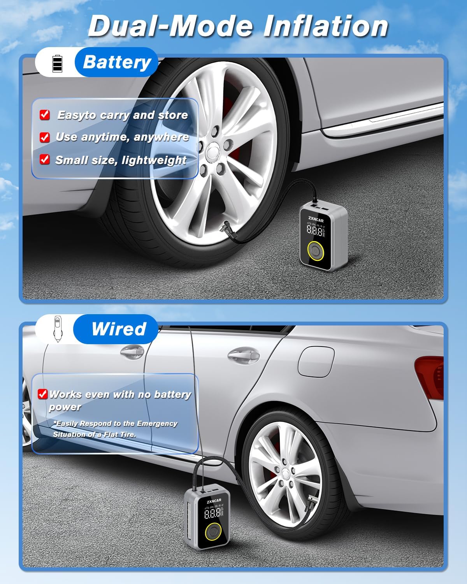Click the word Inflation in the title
coord(326,26)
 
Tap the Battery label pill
coord(117,62)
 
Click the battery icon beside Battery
coord(57,63)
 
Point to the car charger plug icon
coord(57,329)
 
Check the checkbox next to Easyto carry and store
coord(45,115)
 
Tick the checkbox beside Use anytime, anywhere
coord(45,137)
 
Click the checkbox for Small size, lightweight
coord(45,160)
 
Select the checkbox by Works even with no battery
coord(42,394)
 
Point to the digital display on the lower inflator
coord(213,513)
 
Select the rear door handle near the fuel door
coord(244,354)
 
